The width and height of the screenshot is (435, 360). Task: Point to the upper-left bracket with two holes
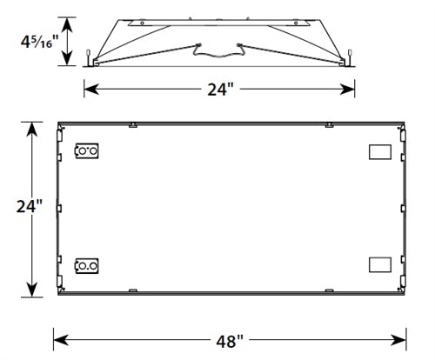point(87,151)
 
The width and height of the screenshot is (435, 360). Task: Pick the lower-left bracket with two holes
point(87,264)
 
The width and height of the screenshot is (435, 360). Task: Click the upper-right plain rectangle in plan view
point(380,151)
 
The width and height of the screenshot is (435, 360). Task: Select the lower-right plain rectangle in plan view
point(380,263)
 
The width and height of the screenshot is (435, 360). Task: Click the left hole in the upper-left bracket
point(83,151)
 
